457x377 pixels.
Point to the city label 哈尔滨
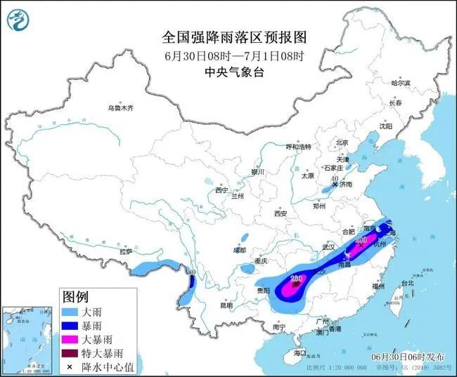(400, 83)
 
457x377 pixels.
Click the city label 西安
(282, 213)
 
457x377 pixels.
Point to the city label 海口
(301, 352)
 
